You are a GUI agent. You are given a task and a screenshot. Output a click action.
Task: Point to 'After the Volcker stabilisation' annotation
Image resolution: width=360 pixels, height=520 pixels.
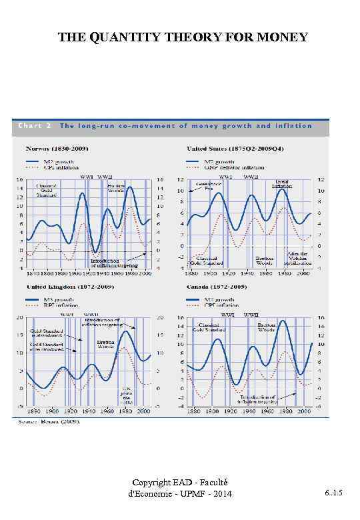click(x=297, y=258)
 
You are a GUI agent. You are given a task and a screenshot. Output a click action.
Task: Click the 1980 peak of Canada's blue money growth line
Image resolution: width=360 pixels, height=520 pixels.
click(x=282, y=321)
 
